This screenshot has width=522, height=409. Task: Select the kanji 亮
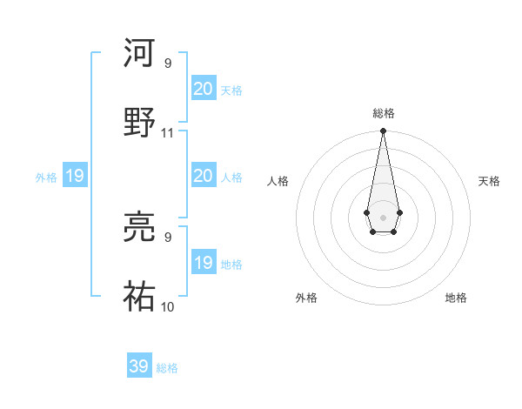140,227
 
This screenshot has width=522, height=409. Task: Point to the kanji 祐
140,297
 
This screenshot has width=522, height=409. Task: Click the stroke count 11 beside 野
168,133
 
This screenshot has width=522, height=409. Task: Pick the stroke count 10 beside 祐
168,306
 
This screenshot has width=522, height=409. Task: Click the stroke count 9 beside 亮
168,237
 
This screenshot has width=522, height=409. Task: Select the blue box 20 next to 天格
203,89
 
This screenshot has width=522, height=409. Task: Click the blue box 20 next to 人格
203,176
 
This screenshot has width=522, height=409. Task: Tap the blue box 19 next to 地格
203,263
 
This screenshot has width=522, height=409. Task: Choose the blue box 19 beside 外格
75,176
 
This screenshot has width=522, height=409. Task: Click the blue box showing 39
139,366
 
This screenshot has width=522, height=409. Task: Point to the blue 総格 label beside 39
167,368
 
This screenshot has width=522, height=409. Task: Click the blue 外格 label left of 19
46,178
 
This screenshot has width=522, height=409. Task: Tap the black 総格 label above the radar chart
383,113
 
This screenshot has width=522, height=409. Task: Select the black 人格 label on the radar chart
278,181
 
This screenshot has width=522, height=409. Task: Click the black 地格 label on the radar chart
456,298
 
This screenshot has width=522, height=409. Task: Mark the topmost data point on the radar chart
383,131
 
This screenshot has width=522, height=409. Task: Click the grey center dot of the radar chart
383,216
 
